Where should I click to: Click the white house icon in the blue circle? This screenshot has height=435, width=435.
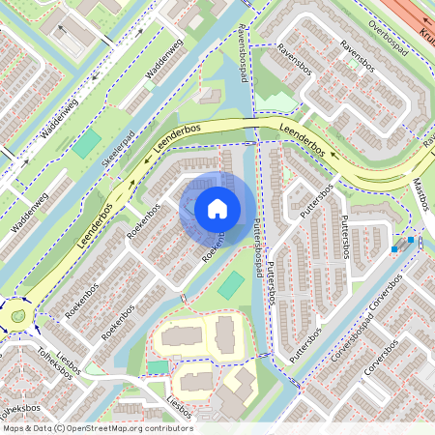[217, 208]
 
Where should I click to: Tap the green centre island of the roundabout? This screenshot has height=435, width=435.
[17, 316]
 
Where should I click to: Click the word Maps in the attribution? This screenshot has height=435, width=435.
[15, 428]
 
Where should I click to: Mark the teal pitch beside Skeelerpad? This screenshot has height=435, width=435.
[88, 145]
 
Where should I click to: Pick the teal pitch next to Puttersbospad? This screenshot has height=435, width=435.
[231, 285]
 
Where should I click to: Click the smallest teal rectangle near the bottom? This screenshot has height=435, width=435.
[158, 367]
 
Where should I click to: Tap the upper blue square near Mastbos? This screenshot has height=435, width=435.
[412, 240]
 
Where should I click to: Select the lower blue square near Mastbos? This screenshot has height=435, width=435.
[394, 249]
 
